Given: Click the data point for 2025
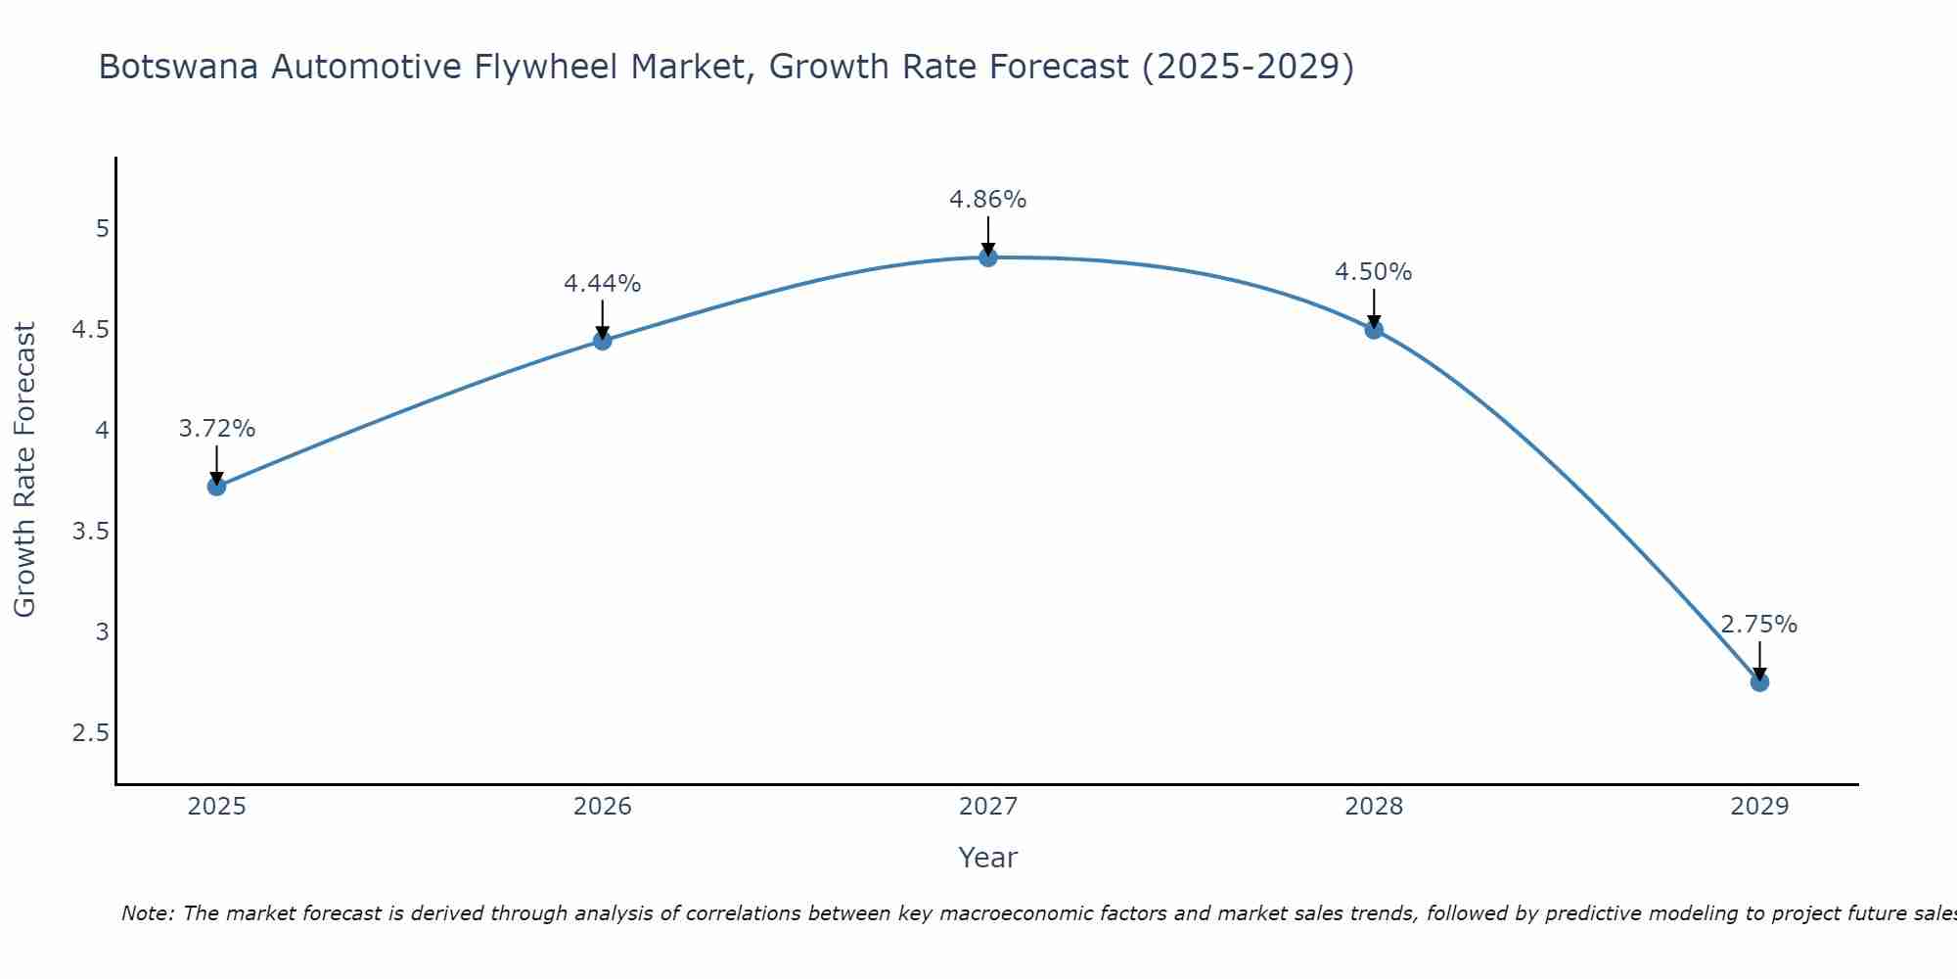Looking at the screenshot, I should pos(217,486).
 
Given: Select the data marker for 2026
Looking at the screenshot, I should pos(603,341).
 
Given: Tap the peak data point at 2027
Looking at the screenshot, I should pos(988,257).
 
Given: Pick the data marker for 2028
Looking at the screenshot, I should pos(1374,329).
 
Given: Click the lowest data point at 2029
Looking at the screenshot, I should pos(1759,681).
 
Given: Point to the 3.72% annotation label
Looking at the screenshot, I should pos(217,429).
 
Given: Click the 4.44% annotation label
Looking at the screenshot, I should pos(603,284).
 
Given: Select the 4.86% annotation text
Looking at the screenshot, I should pos(988,200).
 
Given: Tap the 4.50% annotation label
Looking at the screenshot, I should pos(1374,272).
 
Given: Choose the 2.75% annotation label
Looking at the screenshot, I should pos(1759,625).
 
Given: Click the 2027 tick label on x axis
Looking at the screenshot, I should pos(988,807).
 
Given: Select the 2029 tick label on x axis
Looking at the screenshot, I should pos(1759,807).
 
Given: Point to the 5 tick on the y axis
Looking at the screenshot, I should pos(102,229).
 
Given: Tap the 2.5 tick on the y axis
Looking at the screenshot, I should pos(90,733).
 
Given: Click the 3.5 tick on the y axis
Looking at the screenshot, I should pos(90,532).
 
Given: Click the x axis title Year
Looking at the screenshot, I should pos(988,858).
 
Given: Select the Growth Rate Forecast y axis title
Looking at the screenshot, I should pos(24,470).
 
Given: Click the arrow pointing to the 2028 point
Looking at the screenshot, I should pos(1374,308).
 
